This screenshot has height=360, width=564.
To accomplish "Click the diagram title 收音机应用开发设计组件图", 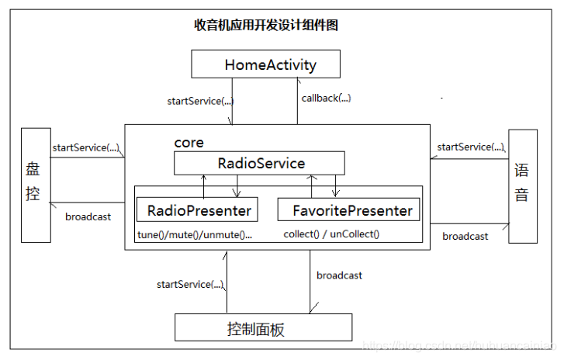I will point(266,25).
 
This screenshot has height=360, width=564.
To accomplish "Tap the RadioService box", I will point(259,163).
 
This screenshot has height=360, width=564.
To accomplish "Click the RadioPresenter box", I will point(199,209).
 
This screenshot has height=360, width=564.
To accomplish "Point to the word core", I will point(189,143).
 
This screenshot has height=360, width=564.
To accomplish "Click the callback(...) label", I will point(326,98).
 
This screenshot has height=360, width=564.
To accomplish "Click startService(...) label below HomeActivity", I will point(200,101).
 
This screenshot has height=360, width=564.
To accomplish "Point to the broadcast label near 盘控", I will point(88,217).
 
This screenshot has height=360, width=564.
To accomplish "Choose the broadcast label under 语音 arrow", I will point(465,236).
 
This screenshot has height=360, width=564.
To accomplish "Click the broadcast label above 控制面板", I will point(339,275).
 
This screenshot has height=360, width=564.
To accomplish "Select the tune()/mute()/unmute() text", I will point(195,234).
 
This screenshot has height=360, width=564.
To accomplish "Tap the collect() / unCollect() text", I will point(331,234).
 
